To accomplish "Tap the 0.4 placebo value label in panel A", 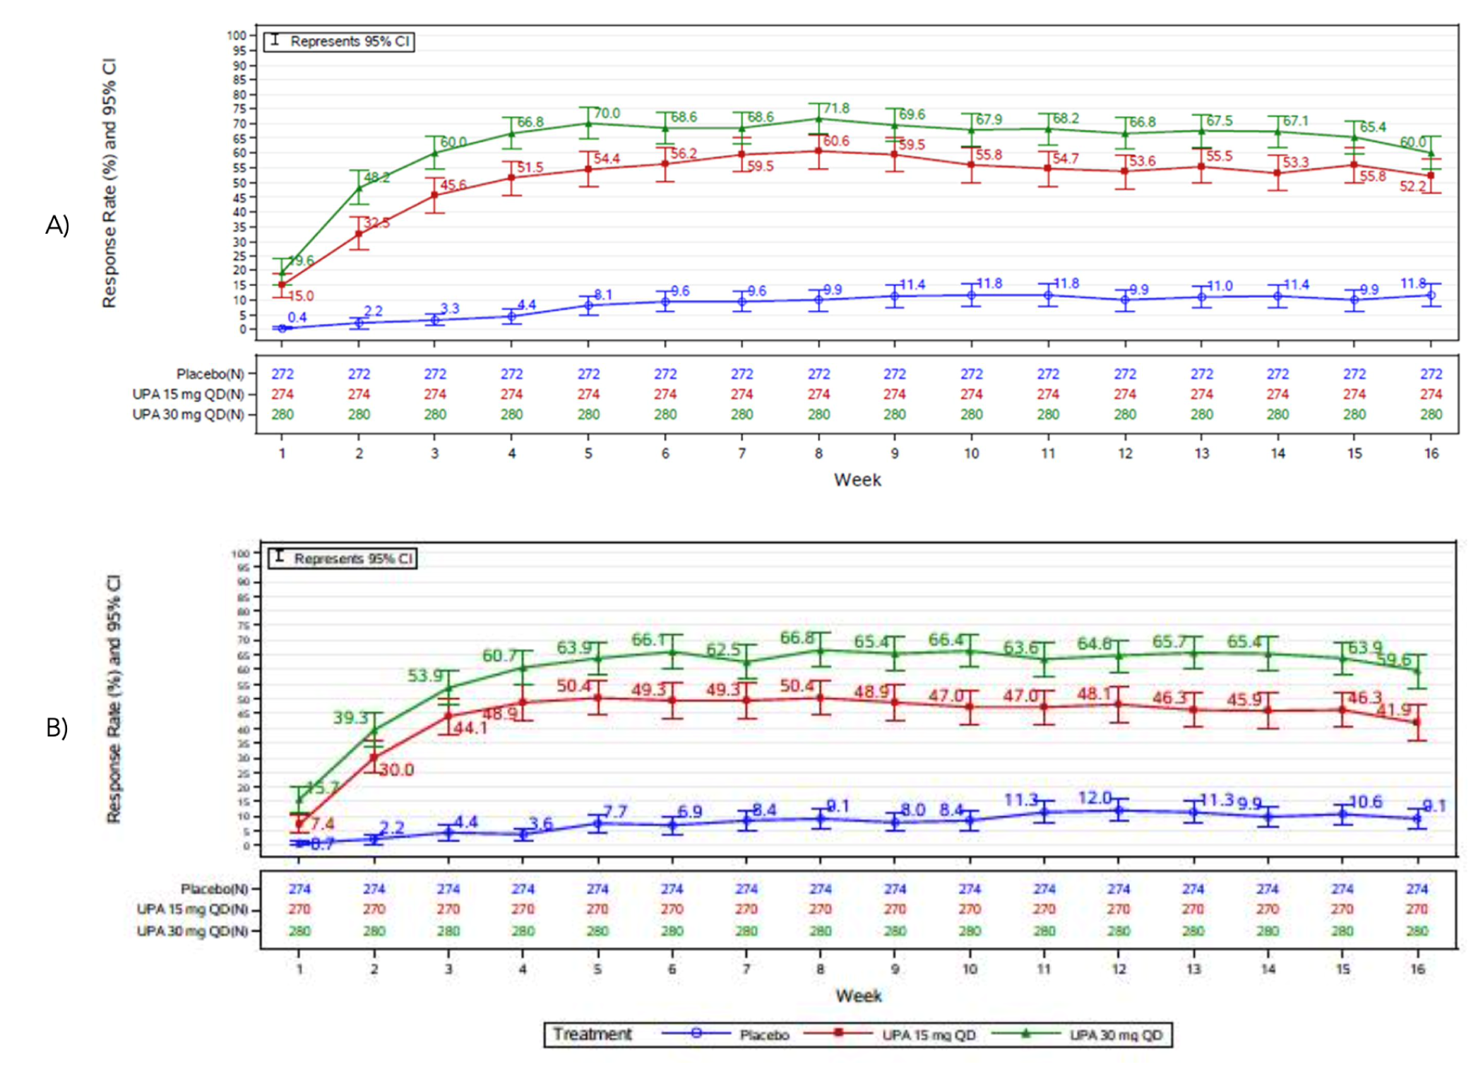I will pyautogui.click(x=297, y=317).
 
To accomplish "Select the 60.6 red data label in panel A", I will pyautogui.click(x=836, y=141).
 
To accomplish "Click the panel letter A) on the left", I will pyautogui.click(x=57, y=225).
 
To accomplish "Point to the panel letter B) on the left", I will pyautogui.click(x=57, y=727).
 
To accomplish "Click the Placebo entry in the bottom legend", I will pyautogui.click(x=764, y=1035).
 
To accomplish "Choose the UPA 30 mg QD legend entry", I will pyautogui.click(x=1116, y=1035).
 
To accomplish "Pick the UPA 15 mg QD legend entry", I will pyautogui.click(x=929, y=1035).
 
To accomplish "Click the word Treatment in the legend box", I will pyautogui.click(x=592, y=1034).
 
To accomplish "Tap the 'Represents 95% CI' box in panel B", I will pyautogui.click(x=343, y=559).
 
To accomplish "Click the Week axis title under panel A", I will pyautogui.click(x=857, y=480).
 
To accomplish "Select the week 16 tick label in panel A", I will pyautogui.click(x=1431, y=454).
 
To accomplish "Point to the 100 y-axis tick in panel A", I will pyautogui.click(x=237, y=35).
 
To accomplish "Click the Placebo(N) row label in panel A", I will pyautogui.click(x=210, y=374).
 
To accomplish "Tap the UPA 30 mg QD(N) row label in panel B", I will pyautogui.click(x=192, y=931).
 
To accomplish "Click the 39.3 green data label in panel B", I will pyautogui.click(x=351, y=718).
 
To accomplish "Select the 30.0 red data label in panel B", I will pyautogui.click(x=397, y=770).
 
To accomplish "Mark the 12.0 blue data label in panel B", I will pyautogui.click(x=1095, y=798).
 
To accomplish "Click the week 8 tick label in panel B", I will pyautogui.click(x=820, y=969).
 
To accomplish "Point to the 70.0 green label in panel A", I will pyautogui.click(x=607, y=114).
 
